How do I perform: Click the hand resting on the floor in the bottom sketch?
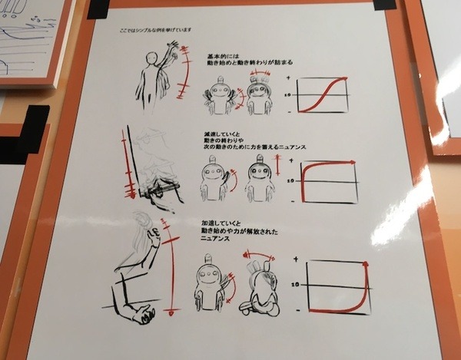[x=143, y=312]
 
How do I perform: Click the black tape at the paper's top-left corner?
[x=99, y=9]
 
